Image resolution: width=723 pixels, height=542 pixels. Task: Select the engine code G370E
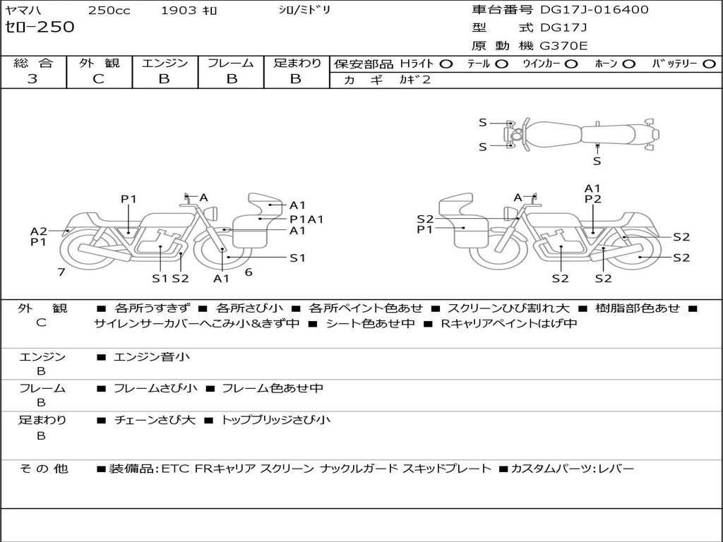(563, 46)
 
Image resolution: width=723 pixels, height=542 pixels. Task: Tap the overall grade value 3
(32, 79)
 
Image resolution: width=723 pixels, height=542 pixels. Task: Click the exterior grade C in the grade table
(98, 79)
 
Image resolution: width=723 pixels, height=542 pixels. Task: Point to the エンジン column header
(165, 64)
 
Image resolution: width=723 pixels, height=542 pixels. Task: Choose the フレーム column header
(230, 64)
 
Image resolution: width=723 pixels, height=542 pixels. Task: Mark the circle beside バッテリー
(709, 64)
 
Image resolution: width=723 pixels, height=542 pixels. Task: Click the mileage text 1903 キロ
(189, 11)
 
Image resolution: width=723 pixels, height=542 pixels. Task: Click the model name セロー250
(40, 28)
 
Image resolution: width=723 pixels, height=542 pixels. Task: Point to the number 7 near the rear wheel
(61, 272)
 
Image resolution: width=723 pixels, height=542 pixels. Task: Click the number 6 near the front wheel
(249, 272)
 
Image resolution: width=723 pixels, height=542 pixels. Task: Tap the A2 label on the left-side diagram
(38, 231)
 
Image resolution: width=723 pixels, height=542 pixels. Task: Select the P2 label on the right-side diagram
(592, 200)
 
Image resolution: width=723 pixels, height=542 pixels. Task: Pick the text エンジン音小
(152, 357)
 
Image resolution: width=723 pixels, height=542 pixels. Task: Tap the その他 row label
(43, 469)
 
